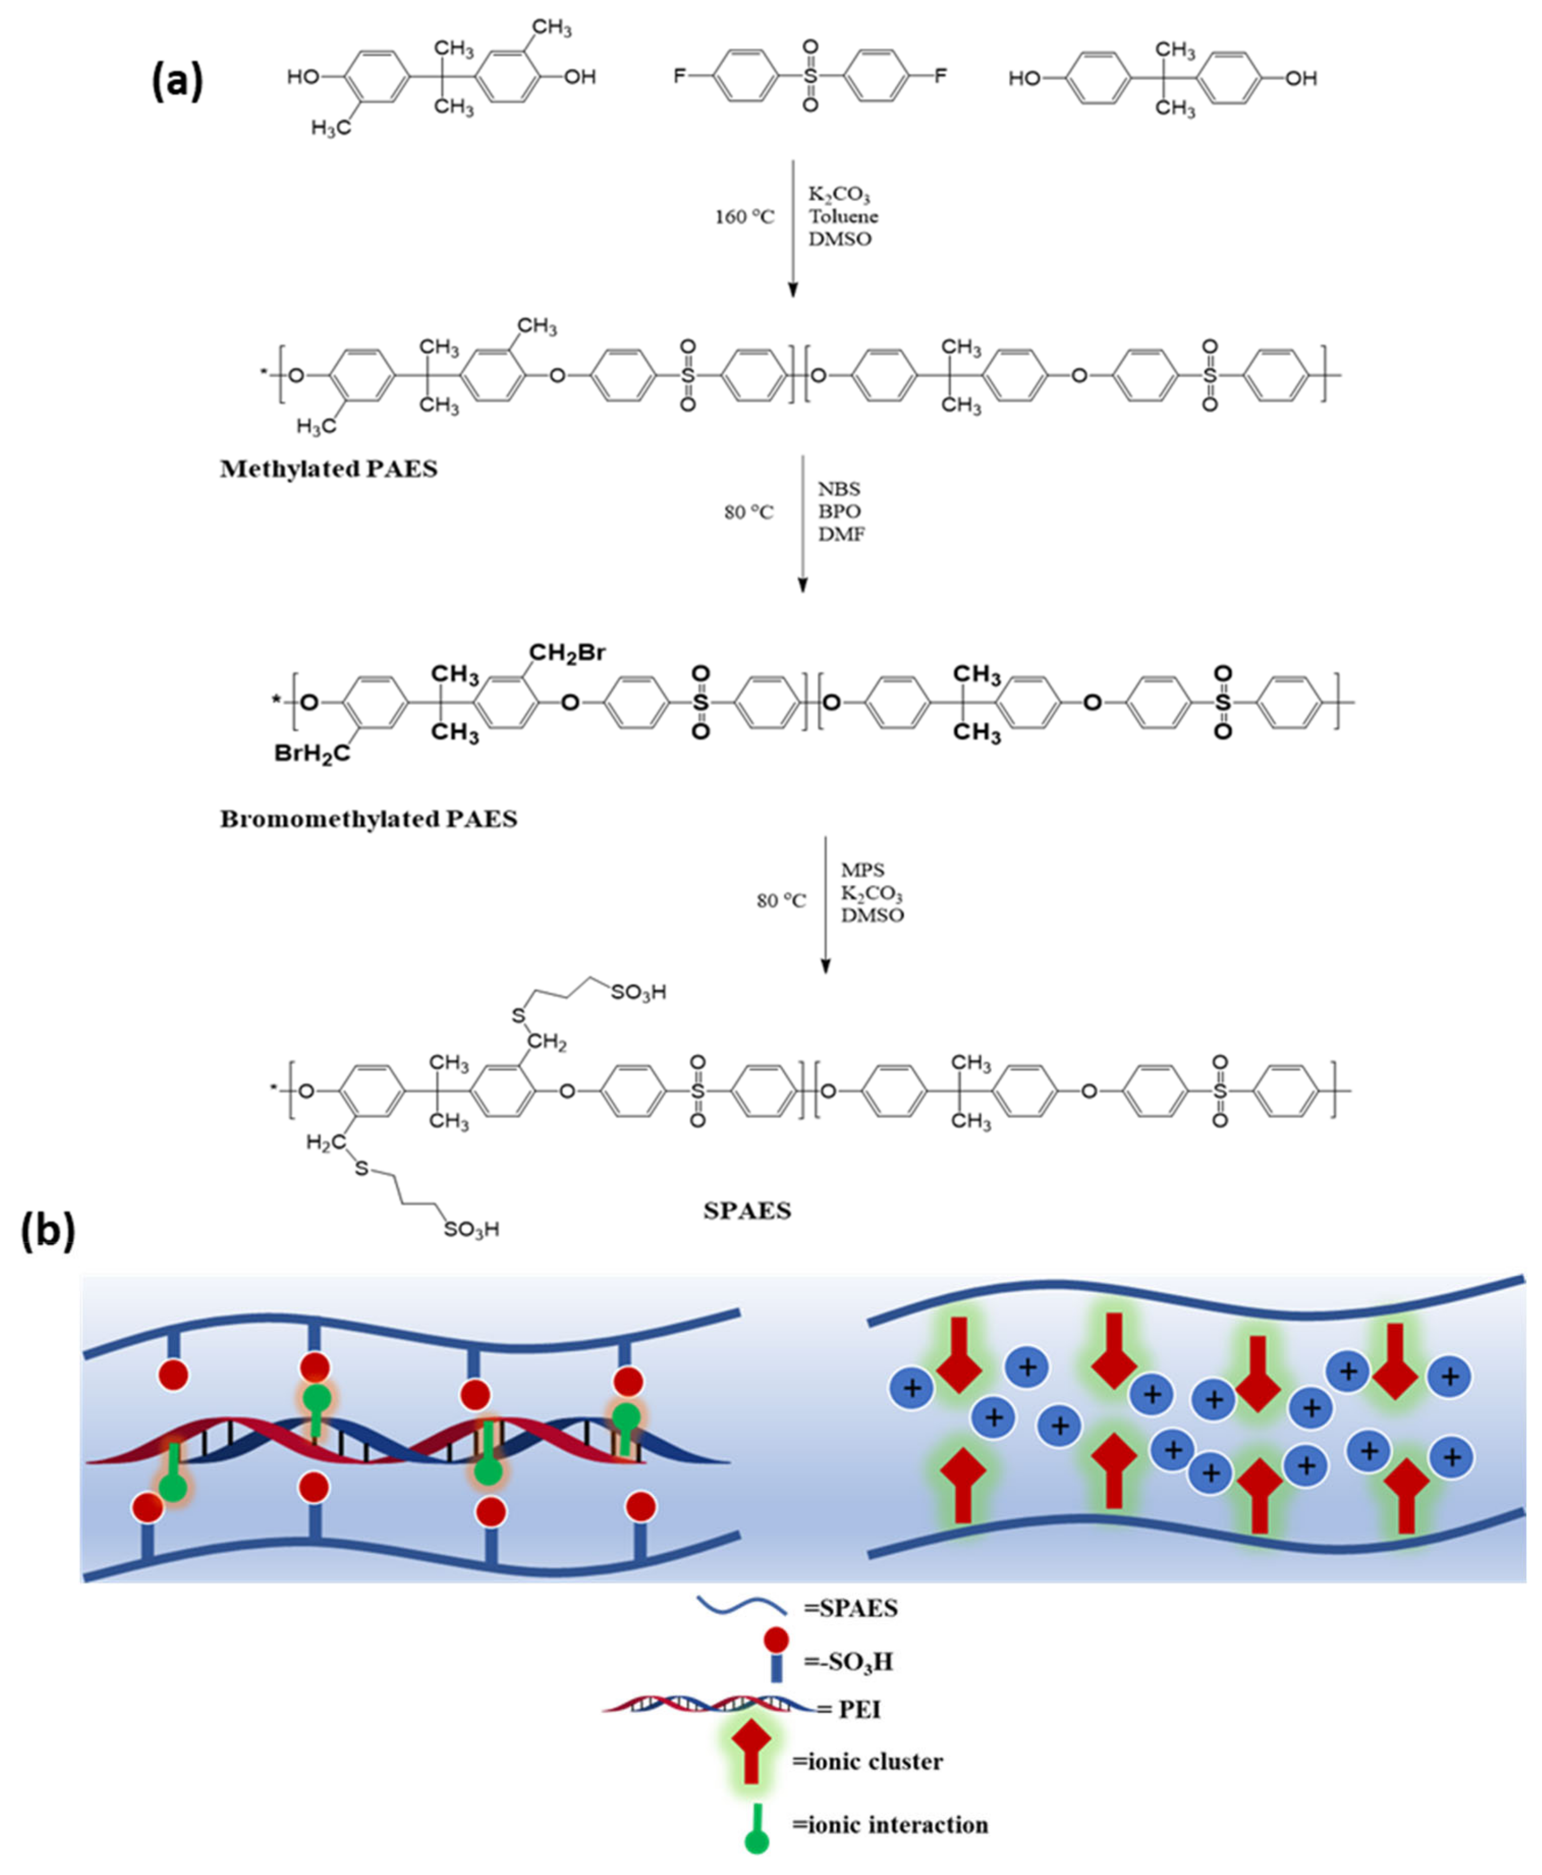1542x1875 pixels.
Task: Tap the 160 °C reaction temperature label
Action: point(744,217)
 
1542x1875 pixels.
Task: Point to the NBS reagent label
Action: point(838,489)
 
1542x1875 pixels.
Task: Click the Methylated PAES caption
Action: point(329,469)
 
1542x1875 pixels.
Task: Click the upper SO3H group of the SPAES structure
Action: point(638,992)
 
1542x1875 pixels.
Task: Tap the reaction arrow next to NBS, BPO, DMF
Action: point(802,524)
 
